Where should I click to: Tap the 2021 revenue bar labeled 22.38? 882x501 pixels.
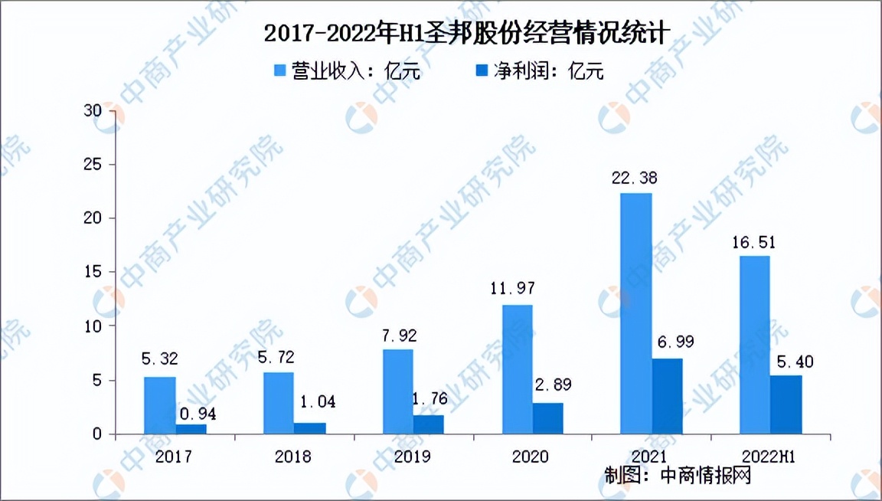coord(635,313)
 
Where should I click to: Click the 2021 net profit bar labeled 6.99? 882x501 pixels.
coord(667,396)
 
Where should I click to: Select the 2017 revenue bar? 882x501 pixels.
coord(159,405)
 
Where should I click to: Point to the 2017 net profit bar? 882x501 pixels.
coord(191,429)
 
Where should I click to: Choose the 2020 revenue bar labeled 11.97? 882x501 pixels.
coord(517,369)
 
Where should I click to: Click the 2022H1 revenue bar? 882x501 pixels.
coord(754,345)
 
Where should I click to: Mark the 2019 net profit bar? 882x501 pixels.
coord(429,424)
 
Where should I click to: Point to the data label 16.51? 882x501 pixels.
coord(754,243)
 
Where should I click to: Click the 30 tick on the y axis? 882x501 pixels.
coord(93,111)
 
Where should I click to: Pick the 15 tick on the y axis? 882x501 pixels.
coord(93,273)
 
